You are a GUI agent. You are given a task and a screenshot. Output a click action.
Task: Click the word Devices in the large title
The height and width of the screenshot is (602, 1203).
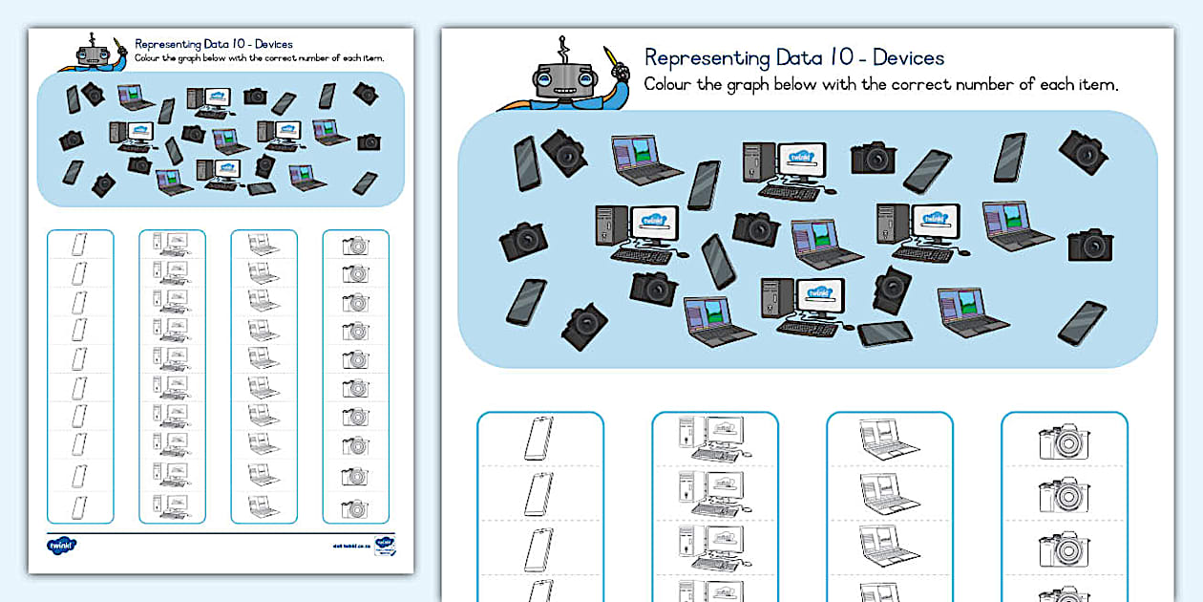908,57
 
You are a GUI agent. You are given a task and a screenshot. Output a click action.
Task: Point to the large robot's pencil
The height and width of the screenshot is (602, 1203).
612,59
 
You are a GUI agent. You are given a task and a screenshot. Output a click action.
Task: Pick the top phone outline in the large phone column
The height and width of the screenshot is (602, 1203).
539,439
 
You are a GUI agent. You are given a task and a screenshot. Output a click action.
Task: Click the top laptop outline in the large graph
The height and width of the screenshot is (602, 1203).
888,439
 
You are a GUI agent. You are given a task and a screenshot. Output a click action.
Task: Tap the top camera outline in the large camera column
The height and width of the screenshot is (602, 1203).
1065,441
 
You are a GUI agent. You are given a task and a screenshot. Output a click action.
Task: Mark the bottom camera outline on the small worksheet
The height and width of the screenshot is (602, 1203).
355,508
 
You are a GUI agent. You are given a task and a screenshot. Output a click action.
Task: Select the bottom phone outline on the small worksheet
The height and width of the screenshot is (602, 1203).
79,506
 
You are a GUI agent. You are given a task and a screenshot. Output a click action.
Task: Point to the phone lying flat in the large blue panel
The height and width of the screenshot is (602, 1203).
885,333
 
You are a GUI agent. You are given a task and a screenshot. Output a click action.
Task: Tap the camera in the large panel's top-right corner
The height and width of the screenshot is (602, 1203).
1083,151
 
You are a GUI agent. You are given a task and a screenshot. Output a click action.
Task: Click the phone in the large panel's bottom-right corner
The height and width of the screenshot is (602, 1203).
1083,322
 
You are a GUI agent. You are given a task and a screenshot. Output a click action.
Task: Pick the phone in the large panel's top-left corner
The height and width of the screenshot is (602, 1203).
527,162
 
